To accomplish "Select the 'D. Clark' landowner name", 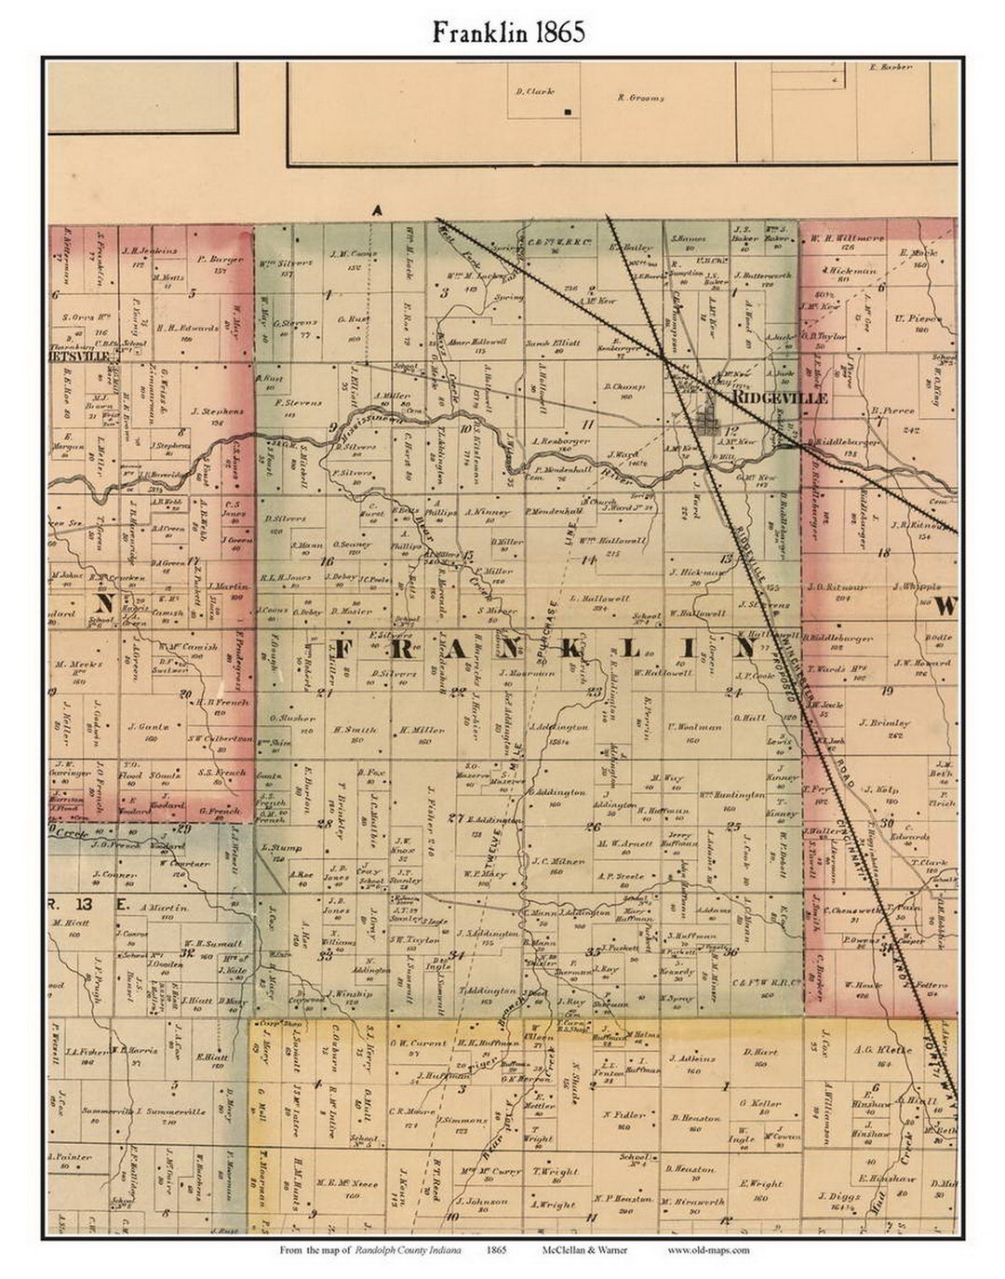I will point(534,91).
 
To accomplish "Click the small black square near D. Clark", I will point(567,113).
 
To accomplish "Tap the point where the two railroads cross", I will point(666,357).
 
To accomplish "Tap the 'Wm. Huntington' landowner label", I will point(731,795).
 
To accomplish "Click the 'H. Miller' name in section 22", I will point(416,730).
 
